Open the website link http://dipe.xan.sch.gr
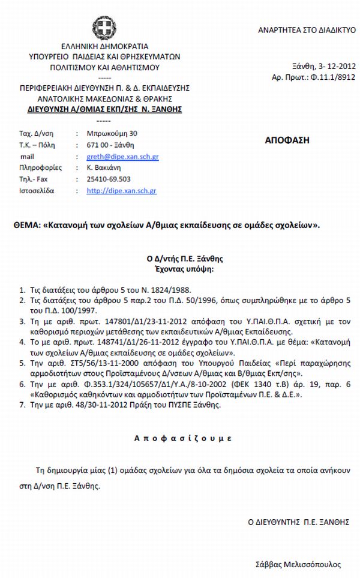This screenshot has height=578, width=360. tap(122, 190)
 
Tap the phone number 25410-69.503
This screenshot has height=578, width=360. tap(109, 179)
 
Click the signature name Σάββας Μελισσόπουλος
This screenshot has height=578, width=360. tap(297, 565)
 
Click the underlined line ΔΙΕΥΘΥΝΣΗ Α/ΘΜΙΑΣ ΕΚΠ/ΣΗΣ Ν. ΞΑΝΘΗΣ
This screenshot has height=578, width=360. tap(101, 110)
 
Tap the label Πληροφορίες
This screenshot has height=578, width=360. tap(38, 167)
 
